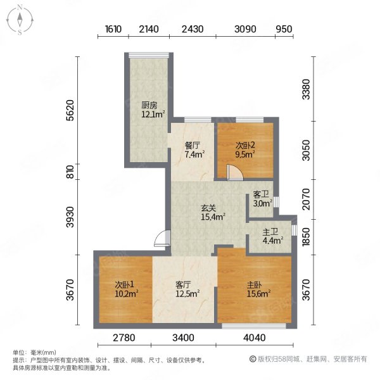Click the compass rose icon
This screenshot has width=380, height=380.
coord(20,20)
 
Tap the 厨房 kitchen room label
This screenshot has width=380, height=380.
coord(149,105)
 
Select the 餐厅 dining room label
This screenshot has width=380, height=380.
coord(193,146)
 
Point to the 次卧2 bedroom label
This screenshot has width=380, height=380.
coord(245,146)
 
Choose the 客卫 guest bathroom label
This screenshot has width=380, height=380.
coord(261,194)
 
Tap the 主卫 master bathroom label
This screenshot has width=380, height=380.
coord(270,232)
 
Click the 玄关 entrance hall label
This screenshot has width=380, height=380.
coord(208,208)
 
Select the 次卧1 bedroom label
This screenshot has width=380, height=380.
coord(124,284)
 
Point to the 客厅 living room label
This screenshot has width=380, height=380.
coord(183,284)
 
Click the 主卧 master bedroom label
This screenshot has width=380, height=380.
coord(254,284)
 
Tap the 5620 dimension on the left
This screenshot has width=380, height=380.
coord(70,110)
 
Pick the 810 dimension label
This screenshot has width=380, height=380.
coord(70,172)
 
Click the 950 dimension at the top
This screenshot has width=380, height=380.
coord(284,29)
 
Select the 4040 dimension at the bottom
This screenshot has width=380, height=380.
coord(255,338)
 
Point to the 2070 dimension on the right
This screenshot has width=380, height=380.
coord(307,199)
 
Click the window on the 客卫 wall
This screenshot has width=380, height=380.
coord(276,202)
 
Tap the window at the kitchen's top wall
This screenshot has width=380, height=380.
coord(149,55)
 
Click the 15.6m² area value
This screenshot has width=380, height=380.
coord(258,294)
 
